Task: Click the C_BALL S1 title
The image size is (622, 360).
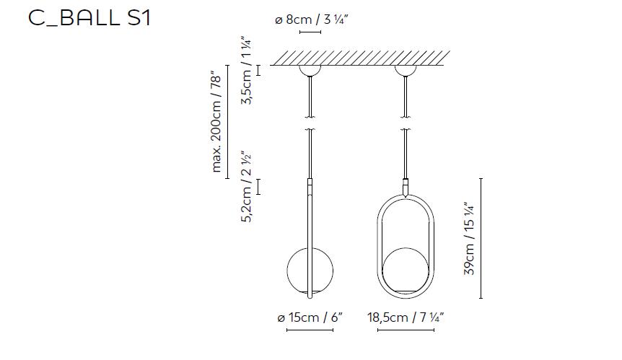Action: pyautogui.click(x=89, y=18)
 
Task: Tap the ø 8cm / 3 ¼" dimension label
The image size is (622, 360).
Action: pyautogui.click(x=312, y=19)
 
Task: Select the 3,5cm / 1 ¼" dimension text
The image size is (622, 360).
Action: pyautogui.click(x=247, y=71)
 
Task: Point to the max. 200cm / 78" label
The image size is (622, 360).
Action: pyautogui.click(x=216, y=122)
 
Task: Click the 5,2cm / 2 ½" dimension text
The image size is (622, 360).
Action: pyautogui.click(x=247, y=186)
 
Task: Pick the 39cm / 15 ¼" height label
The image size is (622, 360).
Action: pyautogui.click(x=469, y=239)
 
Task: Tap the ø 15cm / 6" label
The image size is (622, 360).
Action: pyautogui.click(x=310, y=317)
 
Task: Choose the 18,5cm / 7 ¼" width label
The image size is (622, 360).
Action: pyautogui.click(x=406, y=317)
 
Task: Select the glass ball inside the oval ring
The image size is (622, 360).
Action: pyautogui.click(x=406, y=271)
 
